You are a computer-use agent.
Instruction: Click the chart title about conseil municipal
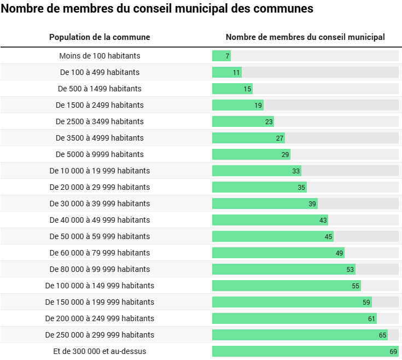[158, 9]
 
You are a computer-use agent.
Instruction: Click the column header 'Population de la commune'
[100, 37]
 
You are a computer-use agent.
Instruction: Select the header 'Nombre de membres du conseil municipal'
[305, 37]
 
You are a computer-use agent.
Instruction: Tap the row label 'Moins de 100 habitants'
[100, 56]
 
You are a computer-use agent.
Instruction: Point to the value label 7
[227, 56]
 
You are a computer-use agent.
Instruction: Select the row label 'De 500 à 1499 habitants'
[100, 89]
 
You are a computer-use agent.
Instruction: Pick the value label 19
[258, 105]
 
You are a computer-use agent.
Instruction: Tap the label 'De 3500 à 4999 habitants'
[100, 138]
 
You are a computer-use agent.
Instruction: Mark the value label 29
[286, 154]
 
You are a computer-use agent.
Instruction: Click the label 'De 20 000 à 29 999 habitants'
[100, 187]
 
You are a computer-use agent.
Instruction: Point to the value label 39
[312, 204]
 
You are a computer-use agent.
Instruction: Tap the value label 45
[329, 236]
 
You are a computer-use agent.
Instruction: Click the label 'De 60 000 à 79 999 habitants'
[100, 253]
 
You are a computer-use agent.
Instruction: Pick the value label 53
[351, 269]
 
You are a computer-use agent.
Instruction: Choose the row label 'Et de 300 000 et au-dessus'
[100, 351]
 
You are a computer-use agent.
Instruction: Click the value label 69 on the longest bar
[393, 351]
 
